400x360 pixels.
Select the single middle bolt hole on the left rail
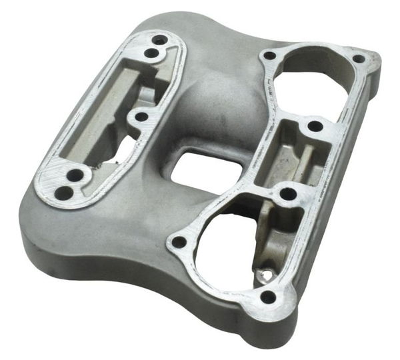(x=141, y=117)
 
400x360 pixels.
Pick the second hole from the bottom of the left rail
(x=76, y=175)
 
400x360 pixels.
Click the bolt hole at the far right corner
(x=358, y=59)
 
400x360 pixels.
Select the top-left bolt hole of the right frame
(x=269, y=56)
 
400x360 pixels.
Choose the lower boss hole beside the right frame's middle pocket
(x=288, y=194)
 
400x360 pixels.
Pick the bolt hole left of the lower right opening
(x=179, y=242)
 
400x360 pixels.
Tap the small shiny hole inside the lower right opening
(x=267, y=274)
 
